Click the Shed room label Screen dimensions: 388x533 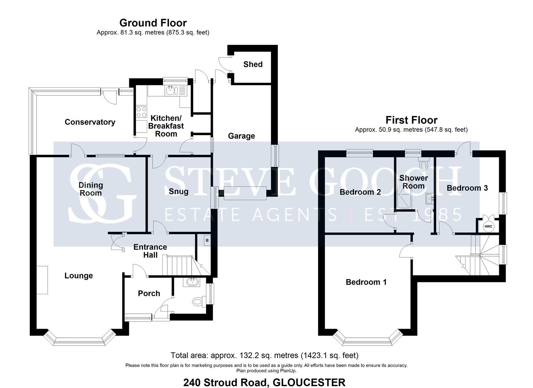253,64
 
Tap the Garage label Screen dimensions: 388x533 241,136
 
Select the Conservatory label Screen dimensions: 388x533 90,122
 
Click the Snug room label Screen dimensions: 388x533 178,191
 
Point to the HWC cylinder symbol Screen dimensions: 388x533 488,226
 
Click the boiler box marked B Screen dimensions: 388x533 207,240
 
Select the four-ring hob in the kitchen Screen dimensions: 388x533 141,112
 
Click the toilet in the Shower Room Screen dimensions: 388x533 424,165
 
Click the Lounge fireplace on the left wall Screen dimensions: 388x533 42,280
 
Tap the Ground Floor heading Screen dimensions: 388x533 153,23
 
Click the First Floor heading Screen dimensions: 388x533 411,120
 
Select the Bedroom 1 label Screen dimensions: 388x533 366,282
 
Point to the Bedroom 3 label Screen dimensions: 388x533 467,188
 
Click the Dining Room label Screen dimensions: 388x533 90,189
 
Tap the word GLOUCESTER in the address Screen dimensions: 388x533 309,382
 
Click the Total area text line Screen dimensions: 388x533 265,355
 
